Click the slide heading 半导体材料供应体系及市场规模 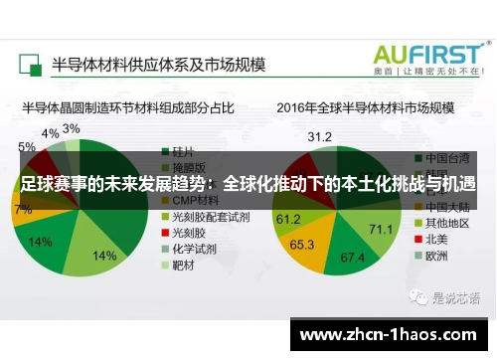click(159, 66)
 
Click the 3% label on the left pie click(72, 129)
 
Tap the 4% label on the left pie click(49, 133)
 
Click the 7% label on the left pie click(22, 210)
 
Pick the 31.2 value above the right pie click(319, 136)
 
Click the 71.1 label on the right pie click(381, 229)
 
